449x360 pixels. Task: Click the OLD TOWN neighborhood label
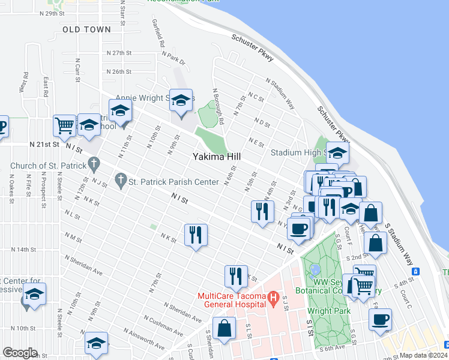[86, 29]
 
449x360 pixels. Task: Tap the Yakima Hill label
[217, 157]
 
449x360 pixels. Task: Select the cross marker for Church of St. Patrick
[93, 163]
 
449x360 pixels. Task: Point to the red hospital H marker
[273, 297]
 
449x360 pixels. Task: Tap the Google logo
[20, 353]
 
